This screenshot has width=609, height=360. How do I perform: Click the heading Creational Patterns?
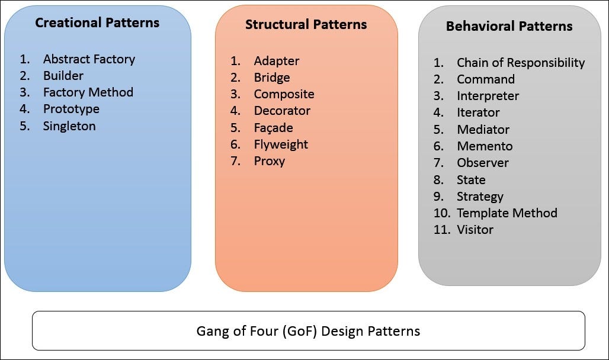click(x=97, y=23)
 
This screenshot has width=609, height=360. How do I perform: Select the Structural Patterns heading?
click(x=306, y=25)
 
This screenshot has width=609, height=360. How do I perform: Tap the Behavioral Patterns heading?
click(x=509, y=26)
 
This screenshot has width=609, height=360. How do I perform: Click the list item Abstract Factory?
click(x=89, y=59)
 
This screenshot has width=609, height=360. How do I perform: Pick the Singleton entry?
click(x=69, y=126)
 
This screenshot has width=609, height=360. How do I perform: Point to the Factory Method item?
click(x=88, y=92)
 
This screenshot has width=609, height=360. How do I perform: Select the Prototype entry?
click(x=71, y=109)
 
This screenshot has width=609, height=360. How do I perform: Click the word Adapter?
click(x=277, y=61)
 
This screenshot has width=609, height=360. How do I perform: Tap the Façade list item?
click(x=273, y=128)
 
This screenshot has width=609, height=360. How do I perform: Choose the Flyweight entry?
click(x=281, y=144)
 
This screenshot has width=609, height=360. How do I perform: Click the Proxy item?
click(x=270, y=161)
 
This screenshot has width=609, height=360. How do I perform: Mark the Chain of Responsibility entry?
click(x=520, y=63)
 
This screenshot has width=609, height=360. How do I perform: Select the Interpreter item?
click(x=488, y=96)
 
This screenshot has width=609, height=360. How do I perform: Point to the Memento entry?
click(x=485, y=146)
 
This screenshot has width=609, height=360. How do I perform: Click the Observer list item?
click(x=482, y=163)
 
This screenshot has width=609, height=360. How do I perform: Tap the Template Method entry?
click(x=507, y=213)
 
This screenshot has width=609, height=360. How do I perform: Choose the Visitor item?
click(x=475, y=230)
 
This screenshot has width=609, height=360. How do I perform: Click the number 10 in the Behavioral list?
click(x=441, y=213)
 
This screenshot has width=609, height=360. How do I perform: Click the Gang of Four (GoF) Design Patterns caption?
click(x=308, y=330)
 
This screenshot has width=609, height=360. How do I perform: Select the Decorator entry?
click(x=282, y=111)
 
